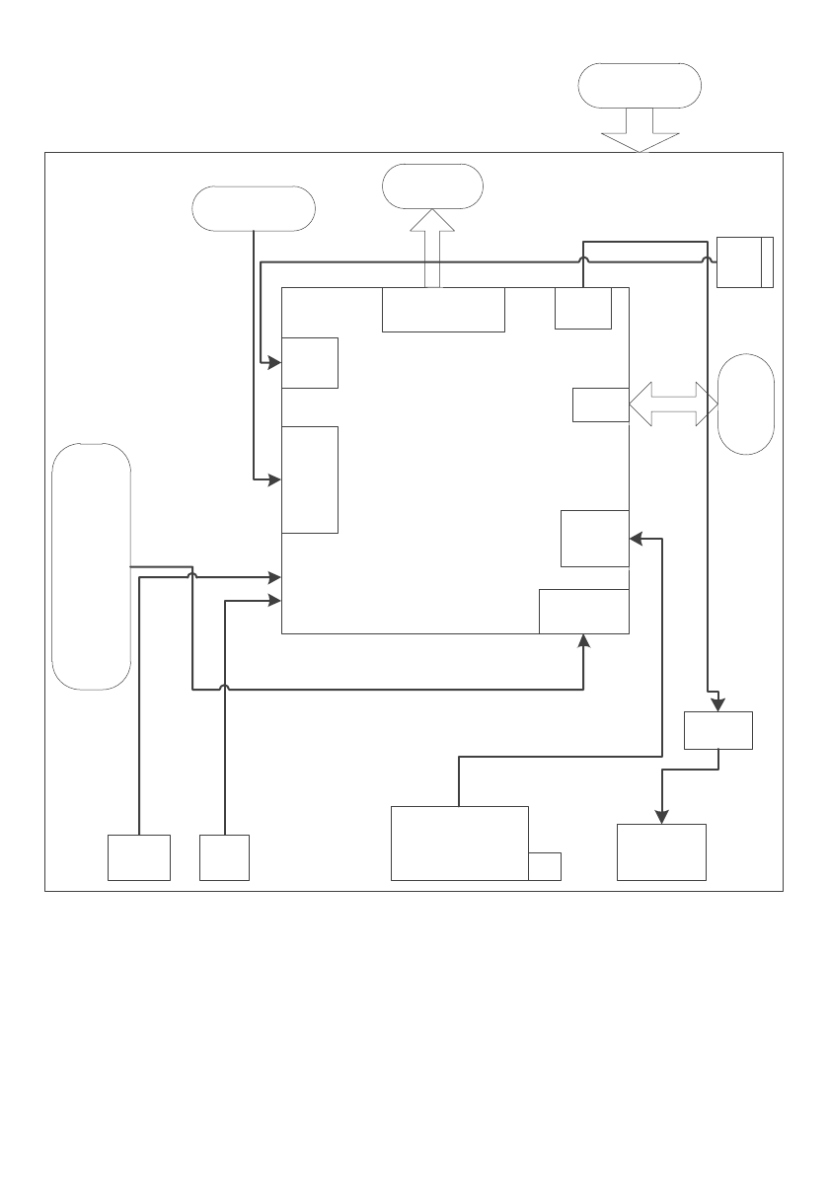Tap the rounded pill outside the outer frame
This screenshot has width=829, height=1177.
tap(640, 85)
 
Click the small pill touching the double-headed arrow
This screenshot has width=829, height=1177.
tap(746, 404)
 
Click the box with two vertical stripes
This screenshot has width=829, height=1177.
tap(745, 261)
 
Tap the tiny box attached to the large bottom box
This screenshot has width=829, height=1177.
tap(545, 865)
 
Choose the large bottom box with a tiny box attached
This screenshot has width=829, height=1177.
tap(460, 843)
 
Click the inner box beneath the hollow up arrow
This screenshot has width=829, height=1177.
tap(443, 310)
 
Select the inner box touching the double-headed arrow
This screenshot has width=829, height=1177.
tap(600, 405)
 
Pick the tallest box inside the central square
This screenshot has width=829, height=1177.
tap(310, 479)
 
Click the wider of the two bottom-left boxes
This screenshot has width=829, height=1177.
tap(139, 856)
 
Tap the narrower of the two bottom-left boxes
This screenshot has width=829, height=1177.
tap(224, 856)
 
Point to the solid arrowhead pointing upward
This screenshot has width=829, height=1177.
tap(585, 640)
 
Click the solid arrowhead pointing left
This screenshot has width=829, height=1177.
tap(637, 539)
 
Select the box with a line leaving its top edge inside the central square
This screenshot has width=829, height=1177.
tap(582, 309)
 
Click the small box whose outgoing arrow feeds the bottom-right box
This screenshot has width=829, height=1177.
tap(718, 731)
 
